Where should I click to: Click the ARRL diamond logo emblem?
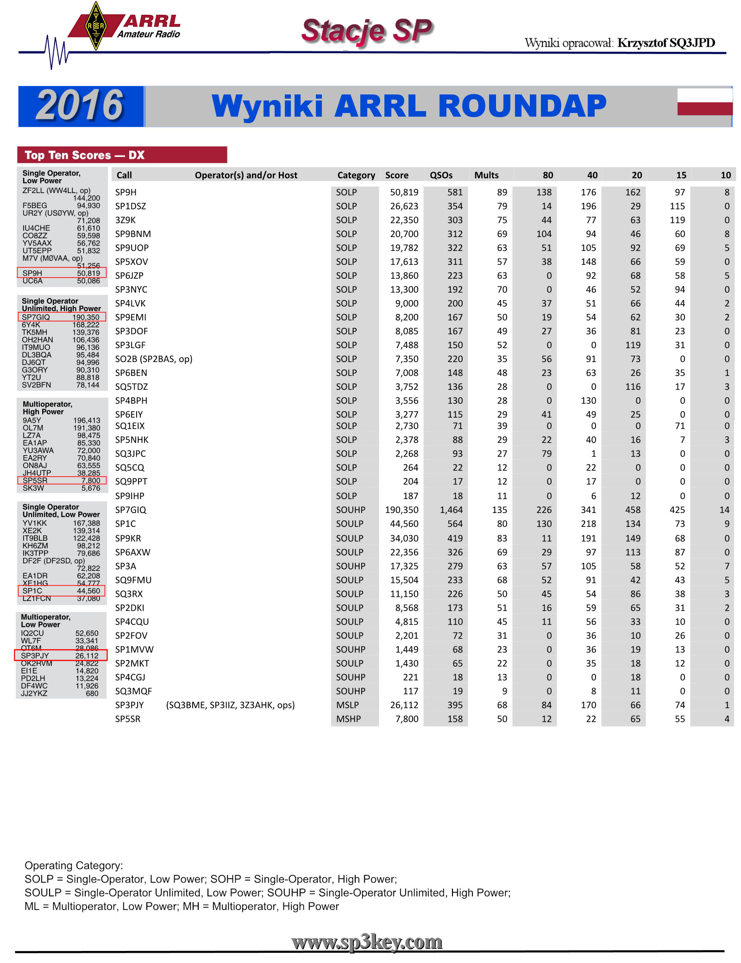click(x=96, y=26)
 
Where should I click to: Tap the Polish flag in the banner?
click(x=704, y=102)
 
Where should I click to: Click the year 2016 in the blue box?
click(x=80, y=106)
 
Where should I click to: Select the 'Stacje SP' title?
click(x=367, y=31)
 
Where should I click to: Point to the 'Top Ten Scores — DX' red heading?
click(x=84, y=155)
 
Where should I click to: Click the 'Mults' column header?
click(x=486, y=175)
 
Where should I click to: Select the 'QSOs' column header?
click(x=441, y=175)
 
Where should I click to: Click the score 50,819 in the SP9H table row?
click(x=404, y=192)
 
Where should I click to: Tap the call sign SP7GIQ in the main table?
click(x=131, y=510)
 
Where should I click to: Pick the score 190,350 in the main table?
click(x=402, y=510)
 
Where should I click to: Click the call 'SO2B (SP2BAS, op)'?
click(x=154, y=359)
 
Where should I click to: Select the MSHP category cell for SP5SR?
click(x=348, y=719)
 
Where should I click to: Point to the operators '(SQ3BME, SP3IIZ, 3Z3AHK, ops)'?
click(x=230, y=705)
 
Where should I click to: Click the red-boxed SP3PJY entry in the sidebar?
click(x=60, y=656)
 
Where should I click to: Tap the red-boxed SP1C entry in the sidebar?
click(x=61, y=591)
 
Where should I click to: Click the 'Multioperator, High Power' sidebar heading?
click(x=47, y=408)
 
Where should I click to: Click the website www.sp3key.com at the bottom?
click(x=367, y=942)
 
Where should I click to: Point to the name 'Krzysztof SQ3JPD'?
click(x=666, y=43)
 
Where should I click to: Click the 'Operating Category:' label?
click(x=74, y=865)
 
